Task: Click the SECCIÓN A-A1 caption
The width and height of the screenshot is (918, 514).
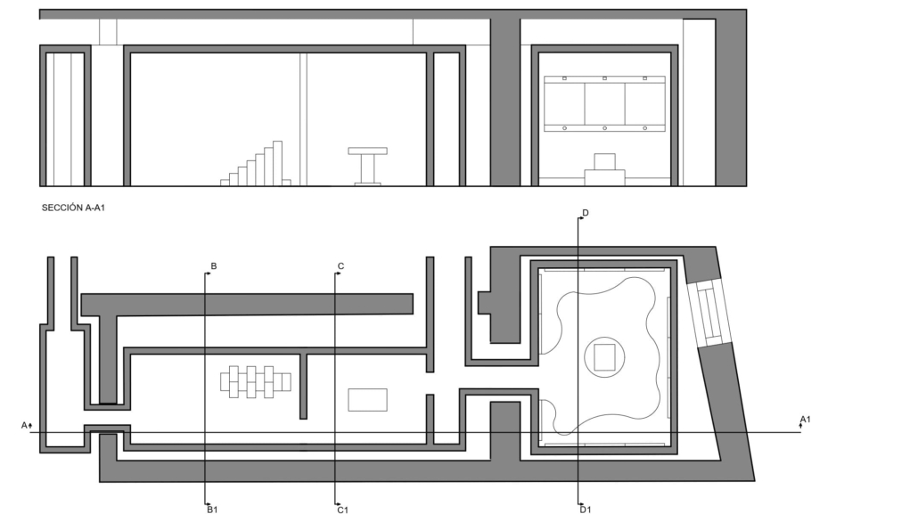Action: point(73,208)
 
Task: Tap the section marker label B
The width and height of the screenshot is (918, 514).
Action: point(214,266)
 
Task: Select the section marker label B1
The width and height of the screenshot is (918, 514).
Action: point(212,510)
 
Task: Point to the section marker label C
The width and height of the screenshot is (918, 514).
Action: point(340,266)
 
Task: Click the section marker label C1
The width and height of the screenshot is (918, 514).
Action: point(342,510)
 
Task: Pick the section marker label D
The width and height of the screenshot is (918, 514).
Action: point(585,213)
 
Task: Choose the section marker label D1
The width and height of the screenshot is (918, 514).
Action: point(586,510)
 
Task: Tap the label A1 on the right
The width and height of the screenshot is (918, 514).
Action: point(806,420)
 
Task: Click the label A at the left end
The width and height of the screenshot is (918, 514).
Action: point(24,425)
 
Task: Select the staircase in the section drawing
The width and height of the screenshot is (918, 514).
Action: point(255,163)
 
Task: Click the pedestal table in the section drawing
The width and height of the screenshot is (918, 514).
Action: point(368,167)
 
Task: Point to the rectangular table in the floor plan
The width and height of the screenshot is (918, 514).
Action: point(368,400)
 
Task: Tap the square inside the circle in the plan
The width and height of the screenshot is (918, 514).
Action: point(605,357)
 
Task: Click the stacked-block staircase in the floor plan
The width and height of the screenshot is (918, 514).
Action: point(255,381)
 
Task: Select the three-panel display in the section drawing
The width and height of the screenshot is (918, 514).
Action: point(605,103)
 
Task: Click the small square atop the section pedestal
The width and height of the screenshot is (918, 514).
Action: point(605,161)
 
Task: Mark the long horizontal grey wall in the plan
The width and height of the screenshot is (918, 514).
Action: point(247,305)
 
